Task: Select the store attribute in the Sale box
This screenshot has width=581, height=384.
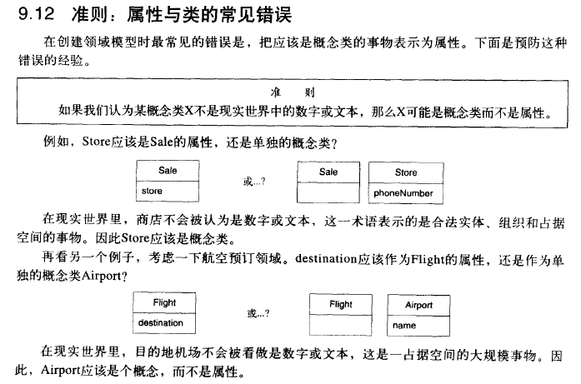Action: pyautogui.click(x=152, y=192)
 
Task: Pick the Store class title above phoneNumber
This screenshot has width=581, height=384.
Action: pyautogui.click(x=406, y=172)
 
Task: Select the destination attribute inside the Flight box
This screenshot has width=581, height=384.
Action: pyautogui.click(x=161, y=322)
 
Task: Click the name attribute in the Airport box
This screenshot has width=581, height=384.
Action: pyautogui.click(x=404, y=326)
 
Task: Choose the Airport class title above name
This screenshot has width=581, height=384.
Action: pyautogui.click(x=418, y=306)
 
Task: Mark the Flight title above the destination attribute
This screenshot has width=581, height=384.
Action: pyautogui.click(x=165, y=302)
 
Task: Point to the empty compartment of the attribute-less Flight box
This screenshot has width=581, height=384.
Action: pyautogui.click(x=340, y=324)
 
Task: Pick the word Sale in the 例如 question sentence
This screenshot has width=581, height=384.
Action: pyautogui.click(x=162, y=142)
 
